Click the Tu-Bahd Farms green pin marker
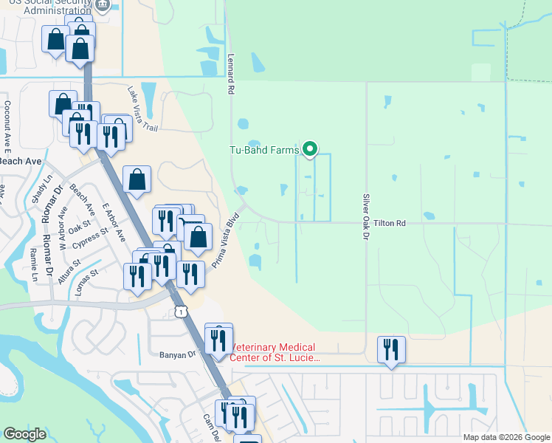(310, 150)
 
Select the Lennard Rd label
(231, 77)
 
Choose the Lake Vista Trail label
(142, 109)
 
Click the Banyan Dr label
(176, 354)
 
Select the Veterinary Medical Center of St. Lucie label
(273, 352)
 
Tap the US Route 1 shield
(179, 312)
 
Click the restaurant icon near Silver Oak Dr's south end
(391, 350)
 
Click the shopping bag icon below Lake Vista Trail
(137, 180)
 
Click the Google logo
(24, 434)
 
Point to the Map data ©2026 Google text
(506, 437)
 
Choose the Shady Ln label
(38, 190)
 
